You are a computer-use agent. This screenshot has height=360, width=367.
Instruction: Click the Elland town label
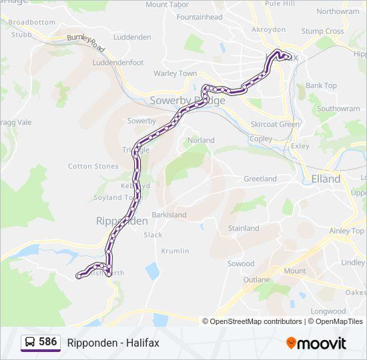[x=326, y=179]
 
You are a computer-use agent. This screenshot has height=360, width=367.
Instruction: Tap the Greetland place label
[x=260, y=179]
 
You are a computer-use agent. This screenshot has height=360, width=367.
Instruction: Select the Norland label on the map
[x=201, y=140]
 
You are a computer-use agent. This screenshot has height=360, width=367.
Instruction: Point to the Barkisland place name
[x=169, y=215]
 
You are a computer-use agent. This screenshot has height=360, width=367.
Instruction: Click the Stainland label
[x=244, y=228]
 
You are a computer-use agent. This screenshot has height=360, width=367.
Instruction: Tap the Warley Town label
[x=175, y=73]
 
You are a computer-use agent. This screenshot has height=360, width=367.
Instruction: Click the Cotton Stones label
[x=93, y=166]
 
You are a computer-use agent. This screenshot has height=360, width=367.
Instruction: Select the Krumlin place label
[x=175, y=251]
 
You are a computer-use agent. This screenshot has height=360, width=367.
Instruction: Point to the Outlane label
[x=257, y=279]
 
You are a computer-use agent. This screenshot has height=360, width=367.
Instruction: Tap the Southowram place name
[x=338, y=109]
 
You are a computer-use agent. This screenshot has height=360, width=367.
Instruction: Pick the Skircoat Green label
[x=274, y=124]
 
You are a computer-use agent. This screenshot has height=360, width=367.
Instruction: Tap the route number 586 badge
[x=48, y=342]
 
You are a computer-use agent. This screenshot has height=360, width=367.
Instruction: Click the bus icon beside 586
[x=30, y=343]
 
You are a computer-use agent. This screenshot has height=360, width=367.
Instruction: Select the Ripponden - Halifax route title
[x=113, y=343]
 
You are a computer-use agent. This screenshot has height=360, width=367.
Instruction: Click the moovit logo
[x=316, y=343]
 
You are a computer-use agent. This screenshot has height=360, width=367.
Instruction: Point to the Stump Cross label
[x=322, y=31]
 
